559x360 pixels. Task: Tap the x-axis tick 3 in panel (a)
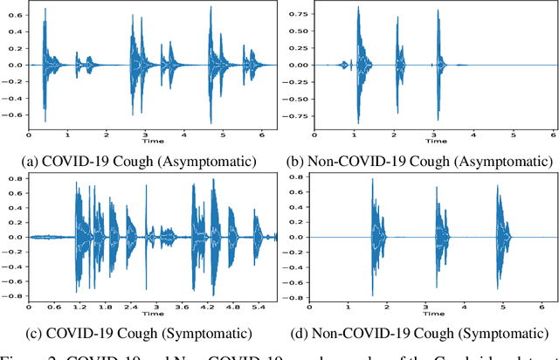(x=145, y=135)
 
